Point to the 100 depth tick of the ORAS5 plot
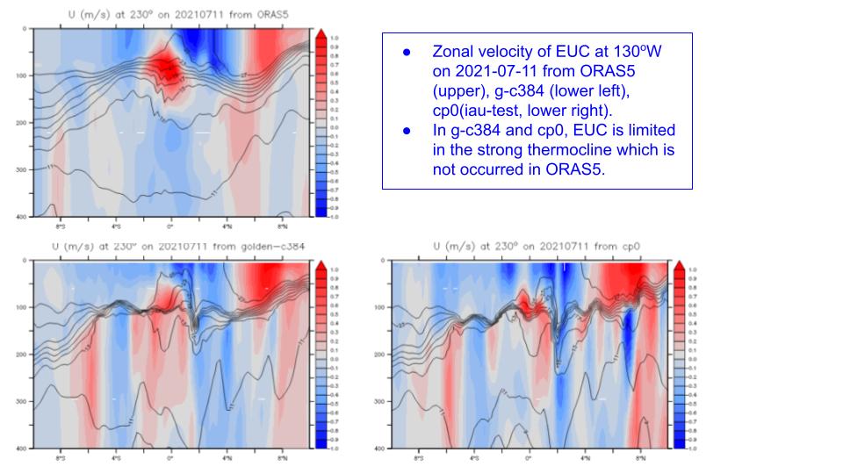coord(22,75)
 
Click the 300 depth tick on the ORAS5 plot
coord(22,169)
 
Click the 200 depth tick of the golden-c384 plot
coord(22,355)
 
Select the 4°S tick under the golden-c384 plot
coord(115,458)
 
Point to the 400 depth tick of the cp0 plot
coord(380,449)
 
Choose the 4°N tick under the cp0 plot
coord(585,458)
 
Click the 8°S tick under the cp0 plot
coord(418,458)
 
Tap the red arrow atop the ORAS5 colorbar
coord(321,33)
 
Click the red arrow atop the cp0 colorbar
coord(681,266)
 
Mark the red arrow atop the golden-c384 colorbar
coord(321,266)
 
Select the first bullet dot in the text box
coord(407,53)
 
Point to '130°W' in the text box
coord(638,53)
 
